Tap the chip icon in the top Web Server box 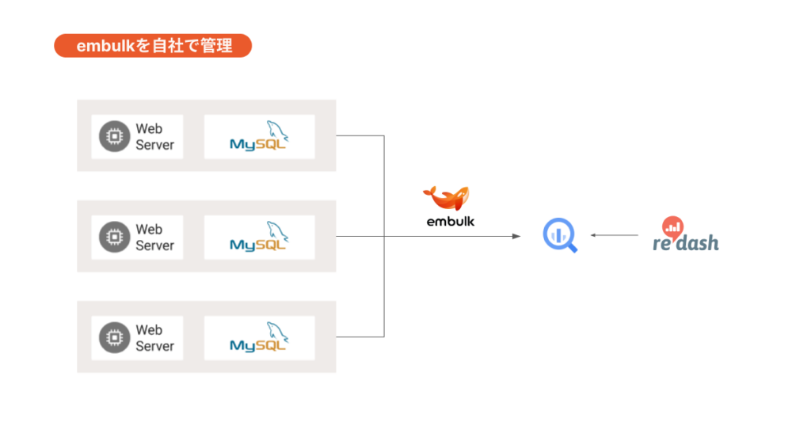pos(115,136)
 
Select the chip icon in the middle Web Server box pos(115,237)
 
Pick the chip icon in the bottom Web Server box pos(115,337)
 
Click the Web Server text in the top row pos(154,136)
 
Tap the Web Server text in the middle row pos(154,237)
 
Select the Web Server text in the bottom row pos(154,337)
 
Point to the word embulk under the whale pos(451,222)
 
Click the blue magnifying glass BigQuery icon pos(559,235)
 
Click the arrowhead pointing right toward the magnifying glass pos(517,236)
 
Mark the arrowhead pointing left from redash pos(593,235)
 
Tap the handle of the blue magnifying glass pos(572,247)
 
